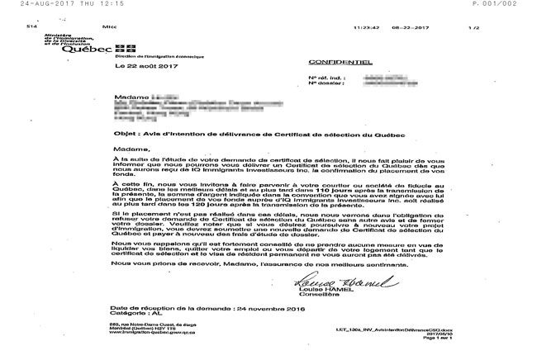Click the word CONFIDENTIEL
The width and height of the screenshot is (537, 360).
[x=330, y=63]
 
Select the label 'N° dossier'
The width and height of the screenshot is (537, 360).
[x=324, y=84]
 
